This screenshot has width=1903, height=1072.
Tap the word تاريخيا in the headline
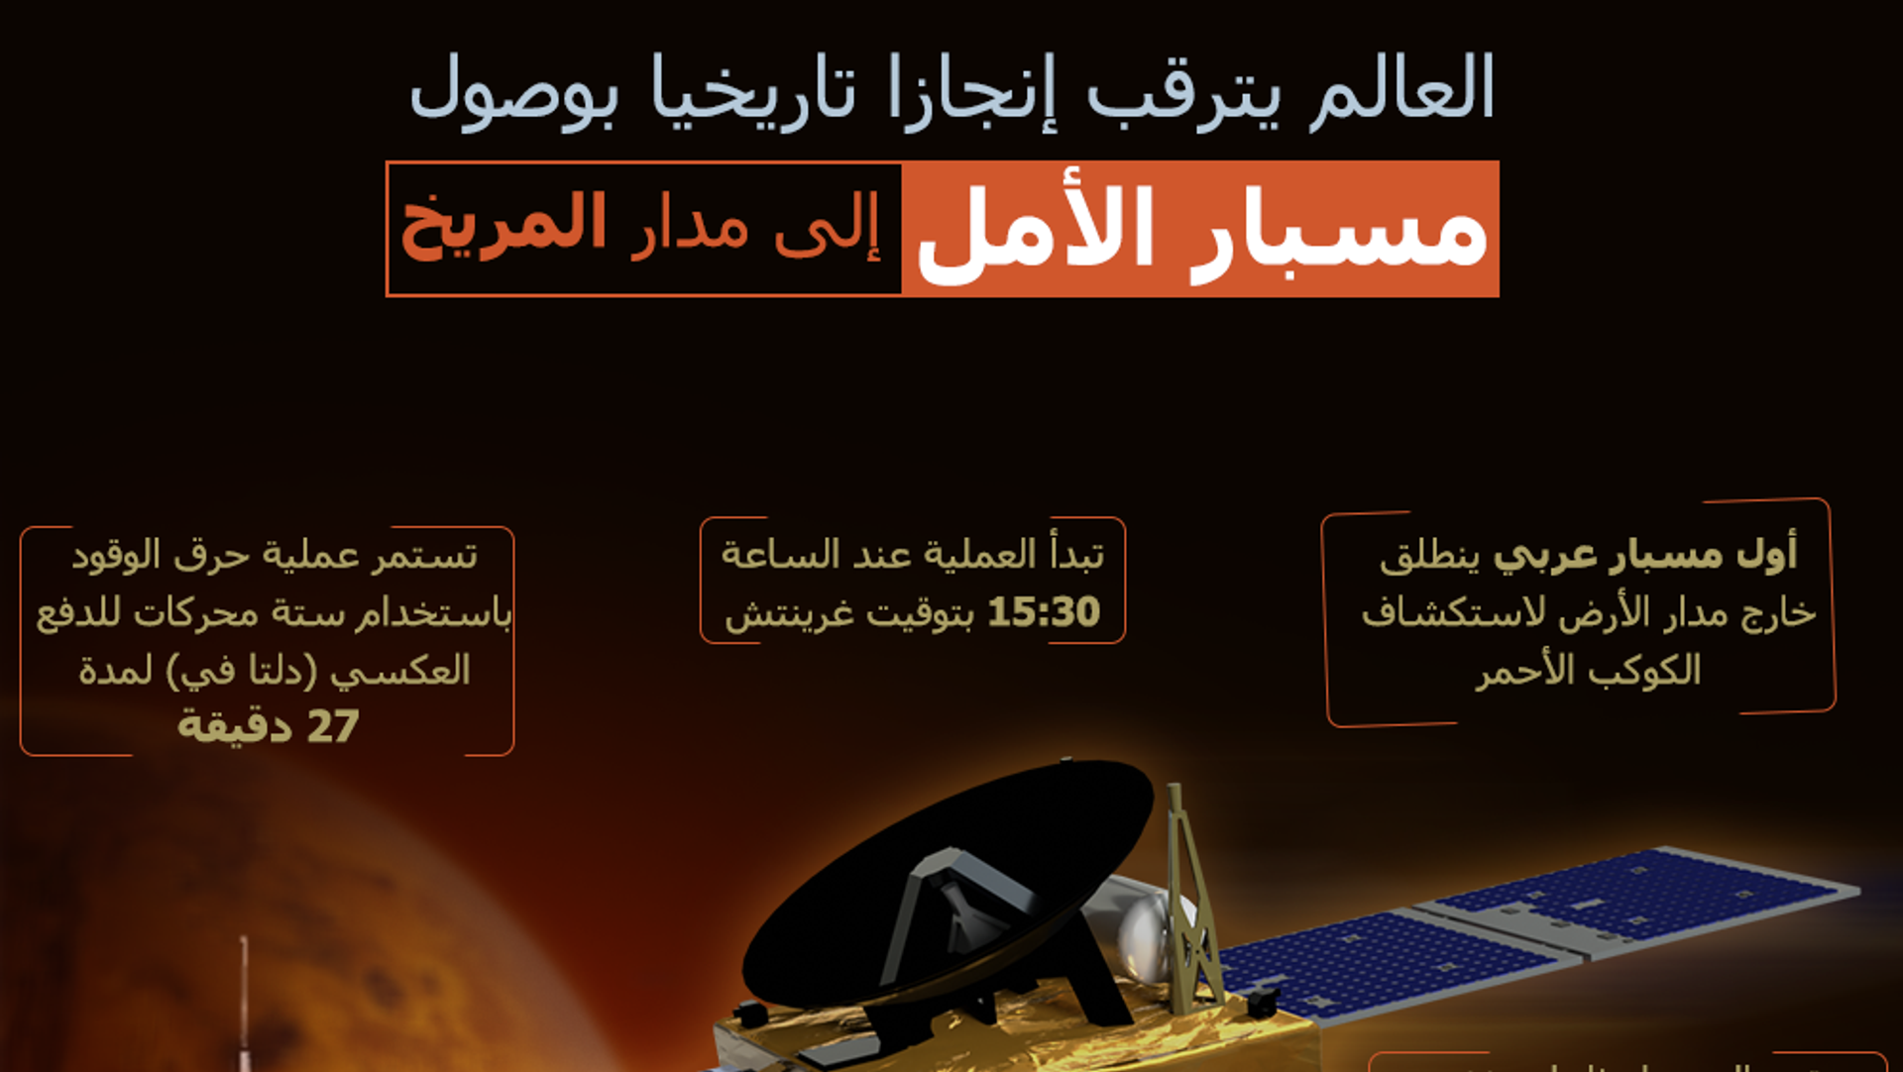753,88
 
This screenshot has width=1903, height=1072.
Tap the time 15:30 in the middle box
1044,612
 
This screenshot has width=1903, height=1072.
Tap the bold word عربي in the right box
1545,556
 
